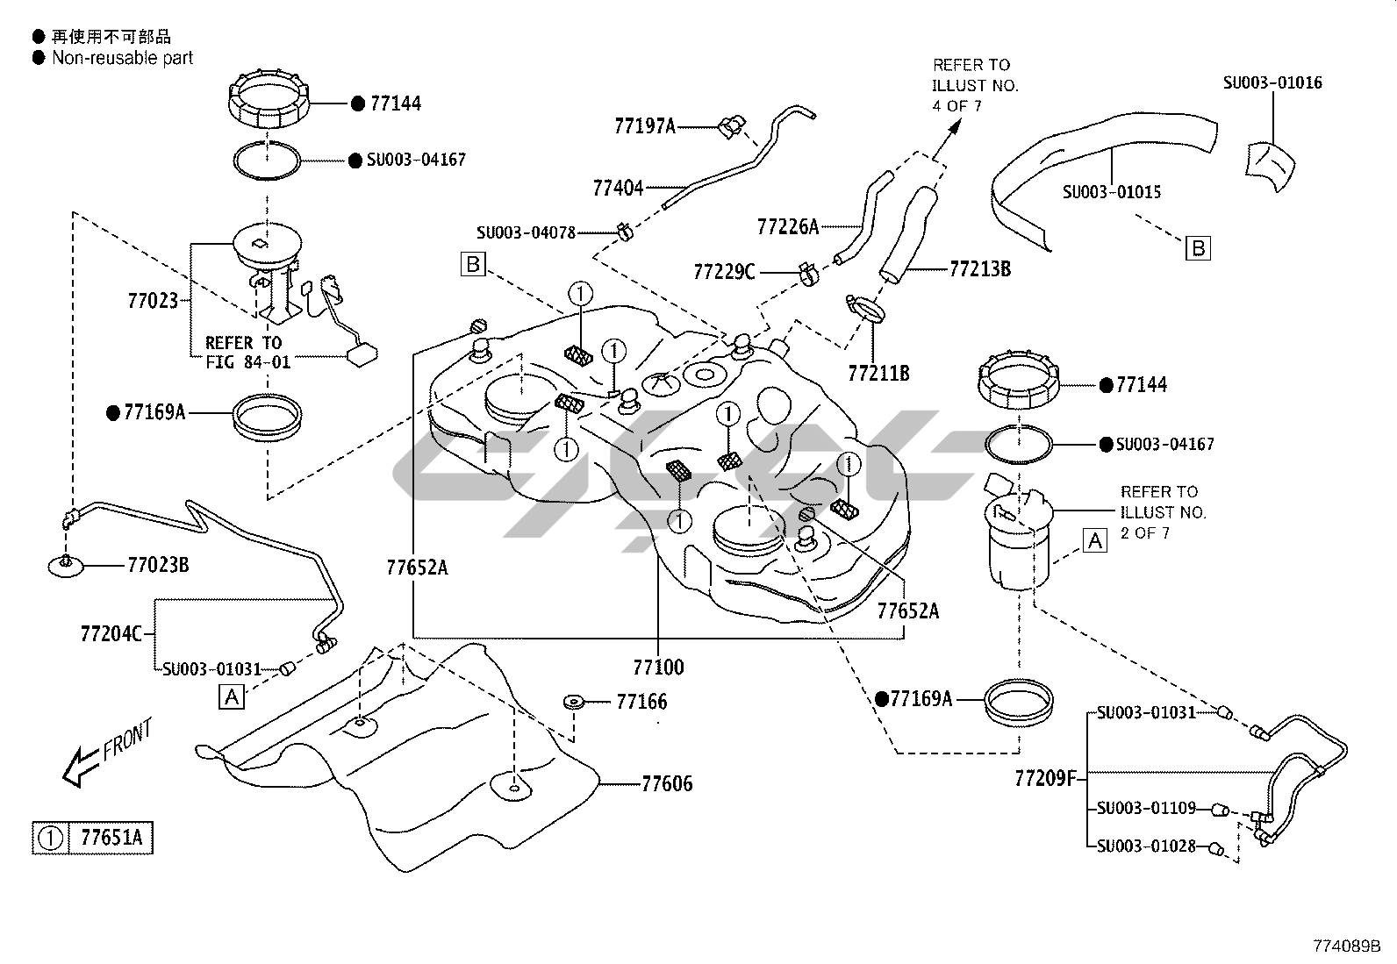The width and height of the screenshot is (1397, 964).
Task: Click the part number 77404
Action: point(618,188)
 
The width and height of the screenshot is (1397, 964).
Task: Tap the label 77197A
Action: point(645,127)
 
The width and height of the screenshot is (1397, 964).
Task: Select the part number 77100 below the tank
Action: point(658,668)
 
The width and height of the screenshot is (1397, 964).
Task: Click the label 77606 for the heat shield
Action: point(667,783)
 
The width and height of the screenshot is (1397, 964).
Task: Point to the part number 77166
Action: point(641,702)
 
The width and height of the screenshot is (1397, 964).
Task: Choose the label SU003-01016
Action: point(1272,83)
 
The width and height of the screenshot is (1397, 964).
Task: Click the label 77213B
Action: point(980,268)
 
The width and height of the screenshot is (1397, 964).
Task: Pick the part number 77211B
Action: point(878,374)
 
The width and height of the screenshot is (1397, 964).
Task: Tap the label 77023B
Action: point(158,565)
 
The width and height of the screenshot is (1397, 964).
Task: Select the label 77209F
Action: point(1045,778)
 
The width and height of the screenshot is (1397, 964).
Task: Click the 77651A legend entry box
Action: point(93,838)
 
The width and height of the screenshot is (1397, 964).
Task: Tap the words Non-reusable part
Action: point(122,58)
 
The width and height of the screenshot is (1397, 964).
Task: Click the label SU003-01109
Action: point(1145,808)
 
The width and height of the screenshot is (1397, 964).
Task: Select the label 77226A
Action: point(787,227)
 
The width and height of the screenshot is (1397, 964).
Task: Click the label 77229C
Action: point(724,272)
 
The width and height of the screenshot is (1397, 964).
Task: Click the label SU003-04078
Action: point(526,232)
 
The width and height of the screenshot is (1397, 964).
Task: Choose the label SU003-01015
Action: point(1112,192)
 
